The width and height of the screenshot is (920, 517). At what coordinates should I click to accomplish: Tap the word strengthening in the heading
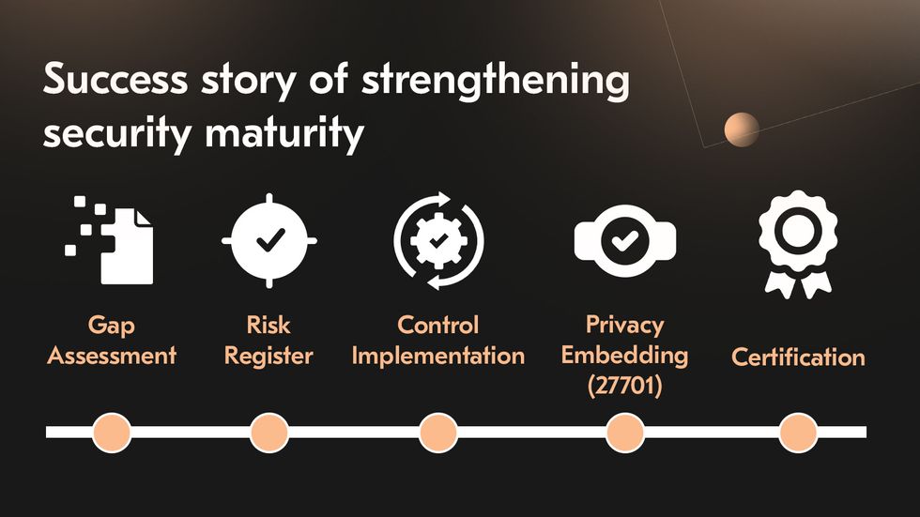tap(495, 83)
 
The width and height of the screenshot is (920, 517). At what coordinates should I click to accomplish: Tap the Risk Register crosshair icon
tap(269, 240)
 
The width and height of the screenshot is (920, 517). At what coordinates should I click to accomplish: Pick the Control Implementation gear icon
tap(438, 240)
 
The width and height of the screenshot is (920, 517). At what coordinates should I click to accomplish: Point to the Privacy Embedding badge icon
tap(624, 240)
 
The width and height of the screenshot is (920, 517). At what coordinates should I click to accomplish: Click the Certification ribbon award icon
tap(797, 242)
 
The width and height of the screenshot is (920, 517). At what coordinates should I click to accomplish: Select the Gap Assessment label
tap(112, 341)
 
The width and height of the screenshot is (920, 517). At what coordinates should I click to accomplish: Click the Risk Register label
tap(268, 341)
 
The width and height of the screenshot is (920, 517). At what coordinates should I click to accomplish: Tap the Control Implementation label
tap(437, 341)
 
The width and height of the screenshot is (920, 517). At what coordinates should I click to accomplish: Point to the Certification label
tap(798, 357)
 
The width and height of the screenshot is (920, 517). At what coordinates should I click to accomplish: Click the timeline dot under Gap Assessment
tap(112, 433)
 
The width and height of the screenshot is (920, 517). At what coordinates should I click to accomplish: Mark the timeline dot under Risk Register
tap(269, 433)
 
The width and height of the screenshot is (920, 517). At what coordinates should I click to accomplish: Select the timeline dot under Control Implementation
tap(437, 433)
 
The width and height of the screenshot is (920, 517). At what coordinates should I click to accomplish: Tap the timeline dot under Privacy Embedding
tap(624, 433)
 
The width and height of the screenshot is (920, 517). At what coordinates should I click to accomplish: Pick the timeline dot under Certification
tap(798, 433)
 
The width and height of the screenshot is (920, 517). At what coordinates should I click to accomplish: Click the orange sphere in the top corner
tap(742, 129)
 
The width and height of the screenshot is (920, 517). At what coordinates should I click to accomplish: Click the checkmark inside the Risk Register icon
tap(269, 240)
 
